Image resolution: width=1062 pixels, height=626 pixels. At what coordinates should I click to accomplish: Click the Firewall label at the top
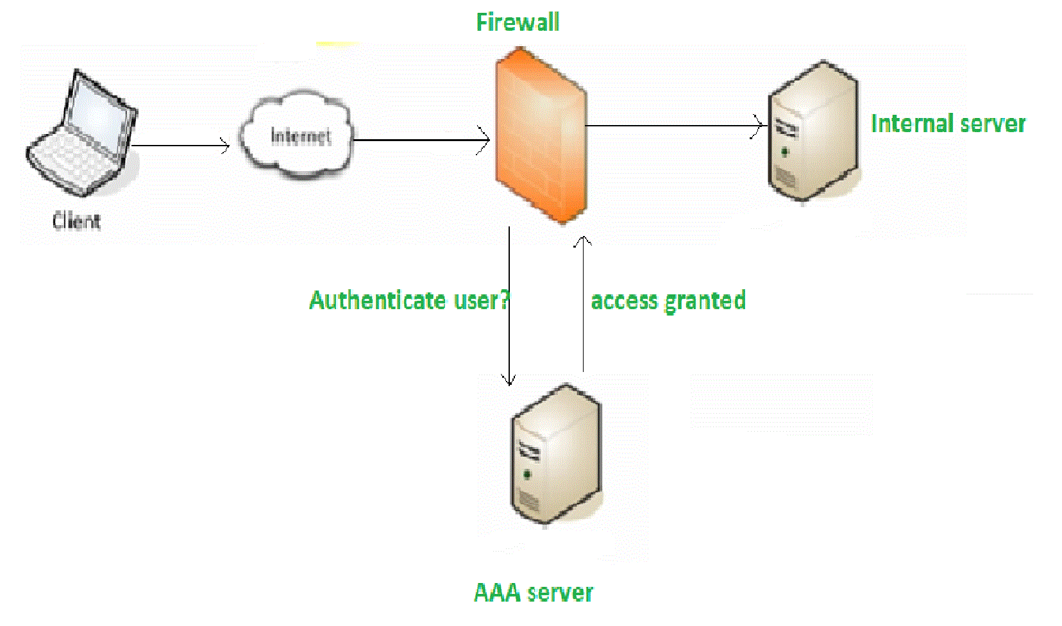517,22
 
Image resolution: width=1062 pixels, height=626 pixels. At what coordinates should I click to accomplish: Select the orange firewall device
541,136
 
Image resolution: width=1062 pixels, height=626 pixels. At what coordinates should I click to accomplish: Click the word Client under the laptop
76,221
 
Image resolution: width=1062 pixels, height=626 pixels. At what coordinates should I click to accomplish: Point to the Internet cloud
296,135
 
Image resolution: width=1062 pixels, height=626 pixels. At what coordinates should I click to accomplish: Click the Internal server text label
948,123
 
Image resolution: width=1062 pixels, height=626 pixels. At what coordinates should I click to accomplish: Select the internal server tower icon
813,131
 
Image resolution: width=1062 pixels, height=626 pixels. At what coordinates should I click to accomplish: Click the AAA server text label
533,592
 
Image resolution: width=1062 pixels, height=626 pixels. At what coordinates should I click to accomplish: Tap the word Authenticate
377,300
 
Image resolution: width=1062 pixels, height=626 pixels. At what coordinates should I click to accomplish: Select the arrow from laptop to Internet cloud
180,146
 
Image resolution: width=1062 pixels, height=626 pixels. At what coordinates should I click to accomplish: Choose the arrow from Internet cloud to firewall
420,140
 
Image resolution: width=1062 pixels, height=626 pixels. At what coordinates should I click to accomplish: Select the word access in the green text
624,301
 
